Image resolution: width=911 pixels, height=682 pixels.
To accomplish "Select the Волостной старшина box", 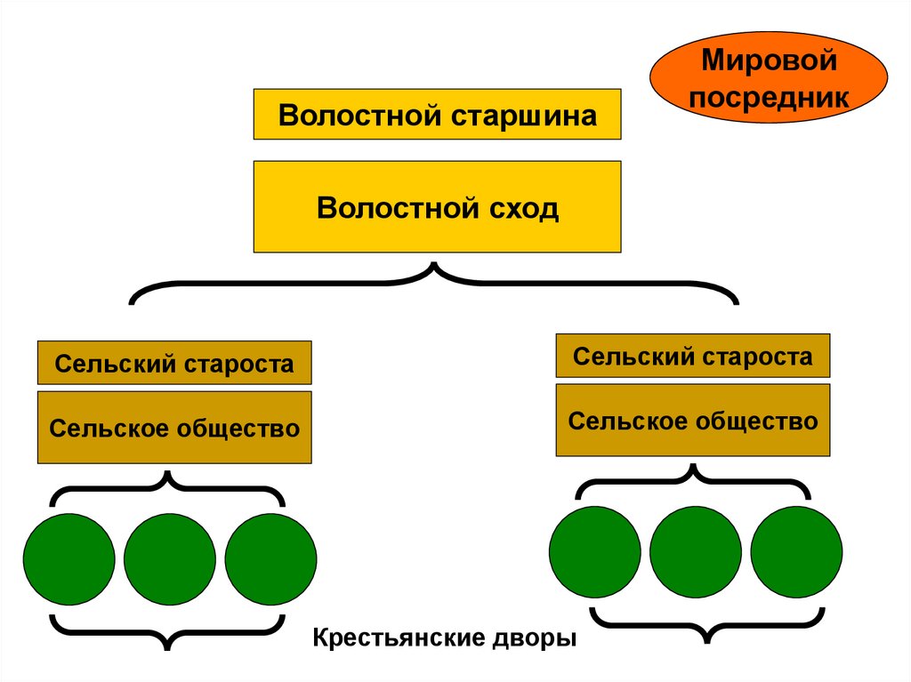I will tap(437, 115).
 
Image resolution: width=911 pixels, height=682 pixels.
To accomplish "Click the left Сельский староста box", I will tap(174, 363).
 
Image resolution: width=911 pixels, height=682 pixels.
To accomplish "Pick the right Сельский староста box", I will tap(693, 356).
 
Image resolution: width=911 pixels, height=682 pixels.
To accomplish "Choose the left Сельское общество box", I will tap(174, 428).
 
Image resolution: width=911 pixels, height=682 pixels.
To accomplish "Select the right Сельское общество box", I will tap(693, 421).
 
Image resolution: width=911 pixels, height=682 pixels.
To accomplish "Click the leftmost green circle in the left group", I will tap(69, 559).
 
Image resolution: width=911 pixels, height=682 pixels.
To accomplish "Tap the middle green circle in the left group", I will tap(170, 559).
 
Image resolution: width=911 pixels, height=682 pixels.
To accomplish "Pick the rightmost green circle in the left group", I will tap(270, 559).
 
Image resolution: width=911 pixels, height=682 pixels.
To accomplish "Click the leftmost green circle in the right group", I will tap(595, 551).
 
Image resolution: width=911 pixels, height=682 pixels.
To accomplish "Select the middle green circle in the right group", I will tap(696, 551).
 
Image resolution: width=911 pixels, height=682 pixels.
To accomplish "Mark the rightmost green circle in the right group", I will tap(796, 551).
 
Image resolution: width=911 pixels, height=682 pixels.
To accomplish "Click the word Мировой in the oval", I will tap(770, 62).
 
